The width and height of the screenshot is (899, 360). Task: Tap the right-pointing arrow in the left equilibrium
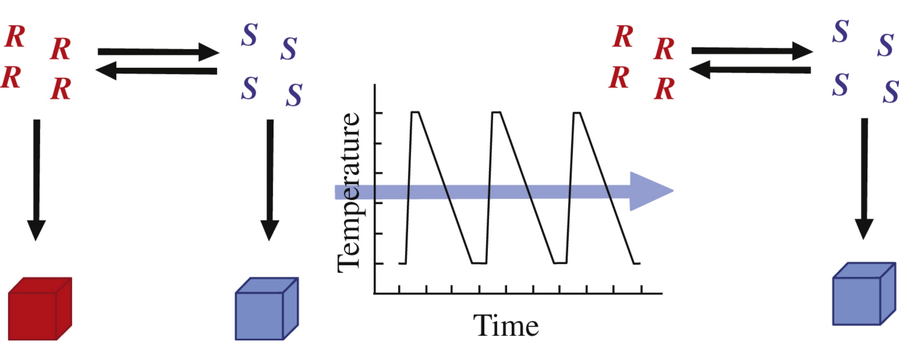158,52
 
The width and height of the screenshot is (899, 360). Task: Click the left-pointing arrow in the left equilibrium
156,71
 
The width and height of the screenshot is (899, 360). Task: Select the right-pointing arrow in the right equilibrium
752,51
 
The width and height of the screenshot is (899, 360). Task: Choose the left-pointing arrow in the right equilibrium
750,69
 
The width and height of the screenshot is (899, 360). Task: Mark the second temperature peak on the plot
496,112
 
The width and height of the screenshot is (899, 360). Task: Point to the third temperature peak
577,112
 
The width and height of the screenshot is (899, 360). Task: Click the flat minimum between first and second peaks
479,263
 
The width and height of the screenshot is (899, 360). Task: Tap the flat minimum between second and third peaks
560,263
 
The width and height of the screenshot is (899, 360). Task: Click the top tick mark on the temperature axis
379,113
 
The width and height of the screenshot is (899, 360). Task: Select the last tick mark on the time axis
641,289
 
